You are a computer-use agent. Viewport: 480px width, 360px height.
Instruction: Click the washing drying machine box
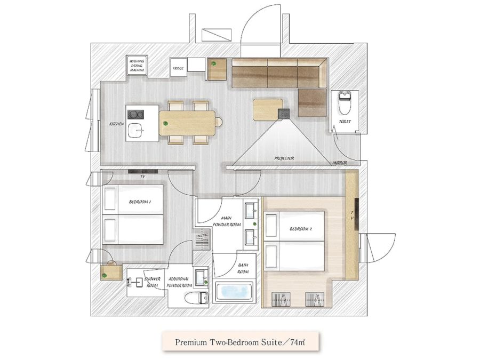pos(137,65)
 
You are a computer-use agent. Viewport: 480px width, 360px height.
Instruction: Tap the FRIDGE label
pos(178,68)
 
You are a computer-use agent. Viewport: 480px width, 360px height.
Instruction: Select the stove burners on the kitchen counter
pos(135,115)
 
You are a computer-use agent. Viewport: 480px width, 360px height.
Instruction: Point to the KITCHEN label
pos(117,124)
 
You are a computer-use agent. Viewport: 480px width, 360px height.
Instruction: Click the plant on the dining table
pos(166,123)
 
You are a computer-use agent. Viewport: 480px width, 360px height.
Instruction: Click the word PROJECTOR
pos(284,158)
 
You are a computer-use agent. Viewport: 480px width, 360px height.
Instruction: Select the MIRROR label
pos(340,163)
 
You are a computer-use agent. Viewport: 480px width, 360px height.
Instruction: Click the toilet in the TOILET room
pos(345,102)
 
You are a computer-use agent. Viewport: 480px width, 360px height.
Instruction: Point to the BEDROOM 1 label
pos(140,202)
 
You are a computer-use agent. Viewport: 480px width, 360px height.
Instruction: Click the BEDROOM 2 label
pos(301,229)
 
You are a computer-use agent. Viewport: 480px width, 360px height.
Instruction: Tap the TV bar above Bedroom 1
pos(143,171)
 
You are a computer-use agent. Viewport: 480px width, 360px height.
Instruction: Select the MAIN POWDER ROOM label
pos(227,221)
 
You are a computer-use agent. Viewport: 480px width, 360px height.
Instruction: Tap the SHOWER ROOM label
pos(153,282)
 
